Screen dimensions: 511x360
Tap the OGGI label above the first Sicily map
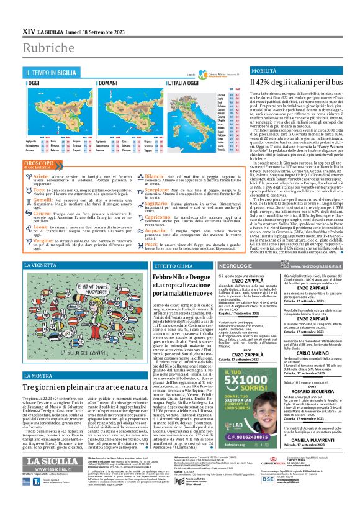pyautogui.click(x=34, y=82)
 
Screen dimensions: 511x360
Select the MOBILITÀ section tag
pyautogui.click(x=246, y=71)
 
